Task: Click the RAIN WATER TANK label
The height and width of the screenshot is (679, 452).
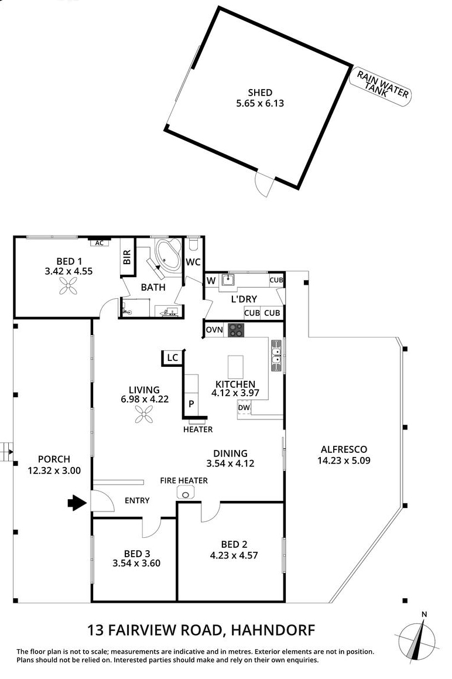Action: (x=381, y=86)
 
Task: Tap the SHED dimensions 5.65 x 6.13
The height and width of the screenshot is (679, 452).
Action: (x=260, y=104)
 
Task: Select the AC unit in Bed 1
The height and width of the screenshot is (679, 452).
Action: (x=99, y=243)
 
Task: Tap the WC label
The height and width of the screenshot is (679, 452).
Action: (x=193, y=262)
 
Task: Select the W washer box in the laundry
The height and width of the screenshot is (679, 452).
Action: (x=211, y=281)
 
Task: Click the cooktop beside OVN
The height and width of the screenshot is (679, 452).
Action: (x=237, y=330)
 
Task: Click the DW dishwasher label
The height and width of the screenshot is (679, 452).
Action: (x=244, y=408)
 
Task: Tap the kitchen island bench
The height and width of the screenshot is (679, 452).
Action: (x=235, y=367)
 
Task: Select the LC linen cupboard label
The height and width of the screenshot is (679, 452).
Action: (x=172, y=358)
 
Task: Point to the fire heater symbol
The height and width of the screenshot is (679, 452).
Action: (x=186, y=493)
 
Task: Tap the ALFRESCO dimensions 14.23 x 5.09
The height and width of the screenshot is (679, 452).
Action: (x=344, y=460)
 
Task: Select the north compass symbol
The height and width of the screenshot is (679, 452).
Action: (x=416, y=637)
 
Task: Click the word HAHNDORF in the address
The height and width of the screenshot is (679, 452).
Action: (x=273, y=630)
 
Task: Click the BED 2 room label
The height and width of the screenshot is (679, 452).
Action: (x=234, y=544)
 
